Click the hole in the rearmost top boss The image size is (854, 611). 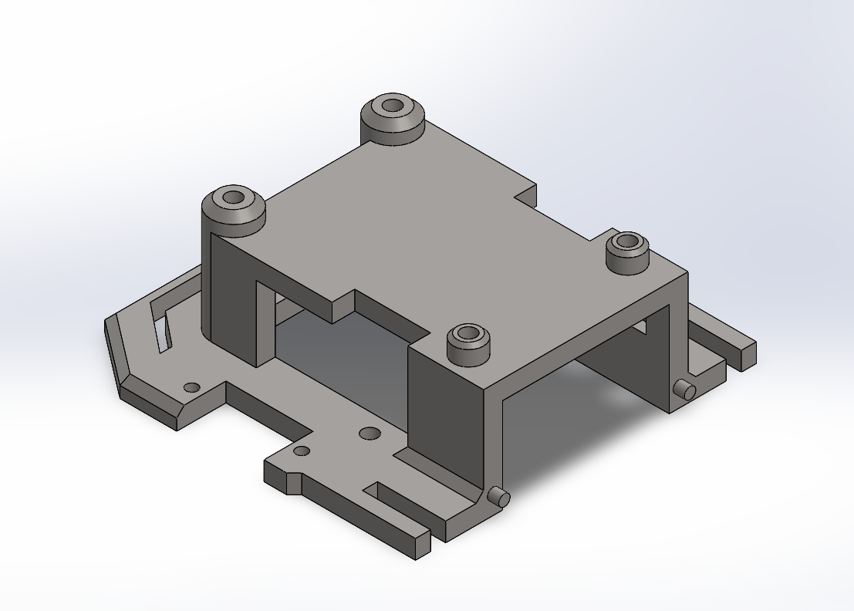pyautogui.click(x=393, y=105)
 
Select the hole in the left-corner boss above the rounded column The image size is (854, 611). pyautogui.click(x=232, y=197)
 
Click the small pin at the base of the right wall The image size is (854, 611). pyautogui.click(x=683, y=390)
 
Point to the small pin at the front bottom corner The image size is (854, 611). pyautogui.click(x=500, y=497)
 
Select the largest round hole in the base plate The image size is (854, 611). pyautogui.click(x=370, y=434)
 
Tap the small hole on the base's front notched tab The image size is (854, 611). pyautogui.click(x=302, y=451)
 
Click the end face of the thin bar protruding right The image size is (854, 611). pyautogui.click(x=748, y=356)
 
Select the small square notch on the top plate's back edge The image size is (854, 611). pyautogui.click(x=526, y=194)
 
